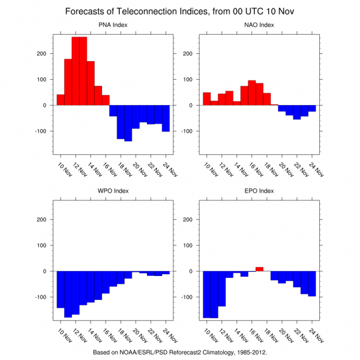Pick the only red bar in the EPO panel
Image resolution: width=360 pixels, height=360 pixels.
tap(259, 269)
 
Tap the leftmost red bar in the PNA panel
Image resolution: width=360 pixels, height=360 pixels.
tap(61, 100)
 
